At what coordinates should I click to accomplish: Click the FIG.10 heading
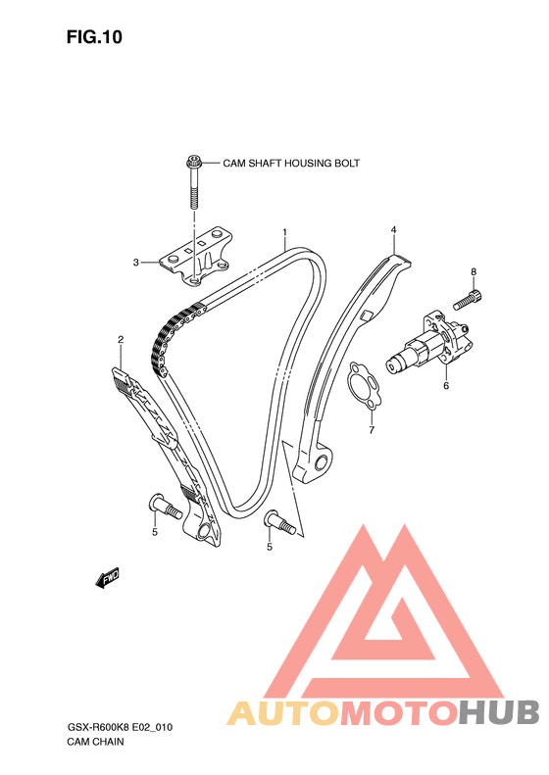pyautogui.click(x=94, y=37)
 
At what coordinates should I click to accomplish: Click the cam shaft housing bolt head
pyautogui.click(x=193, y=162)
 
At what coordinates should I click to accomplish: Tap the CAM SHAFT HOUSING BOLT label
pyautogui.click(x=291, y=163)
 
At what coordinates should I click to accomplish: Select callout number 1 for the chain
pyautogui.click(x=285, y=232)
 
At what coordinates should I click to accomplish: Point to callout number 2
pyautogui.click(x=121, y=340)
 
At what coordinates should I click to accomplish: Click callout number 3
pyautogui.click(x=136, y=263)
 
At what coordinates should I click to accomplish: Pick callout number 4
pyautogui.click(x=394, y=230)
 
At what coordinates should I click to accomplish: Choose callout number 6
pyautogui.click(x=446, y=385)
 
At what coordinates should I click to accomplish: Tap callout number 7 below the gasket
pyautogui.click(x=372, y=430)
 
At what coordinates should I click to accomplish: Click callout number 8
pyautogui.click(x=474, y=271)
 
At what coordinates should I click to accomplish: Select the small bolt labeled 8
pyautogui.click(x=468, y=300)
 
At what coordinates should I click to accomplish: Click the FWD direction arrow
pyautogui.click(x=107, y=577)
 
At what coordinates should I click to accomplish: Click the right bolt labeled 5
pyautogui.click(x=280, y=522)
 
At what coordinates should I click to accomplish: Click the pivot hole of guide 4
pyautogui.click(x=321, y=463)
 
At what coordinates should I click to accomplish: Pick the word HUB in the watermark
pyautogui.click(x=500, y=712)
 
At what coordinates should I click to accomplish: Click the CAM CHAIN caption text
pyautogui.click(x=95, y=742)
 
